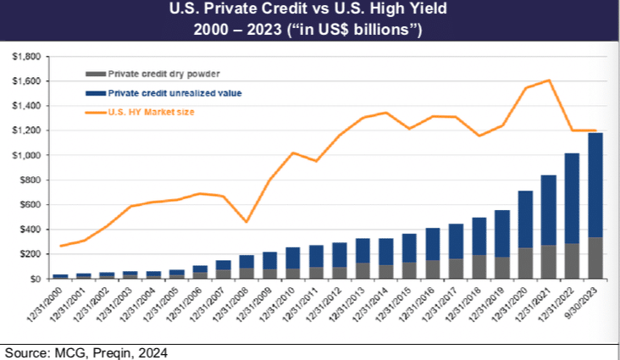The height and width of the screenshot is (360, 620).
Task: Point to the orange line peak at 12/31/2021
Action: click(x=548, y=80)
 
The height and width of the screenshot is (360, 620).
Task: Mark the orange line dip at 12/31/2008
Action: click(x=246, y=222)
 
